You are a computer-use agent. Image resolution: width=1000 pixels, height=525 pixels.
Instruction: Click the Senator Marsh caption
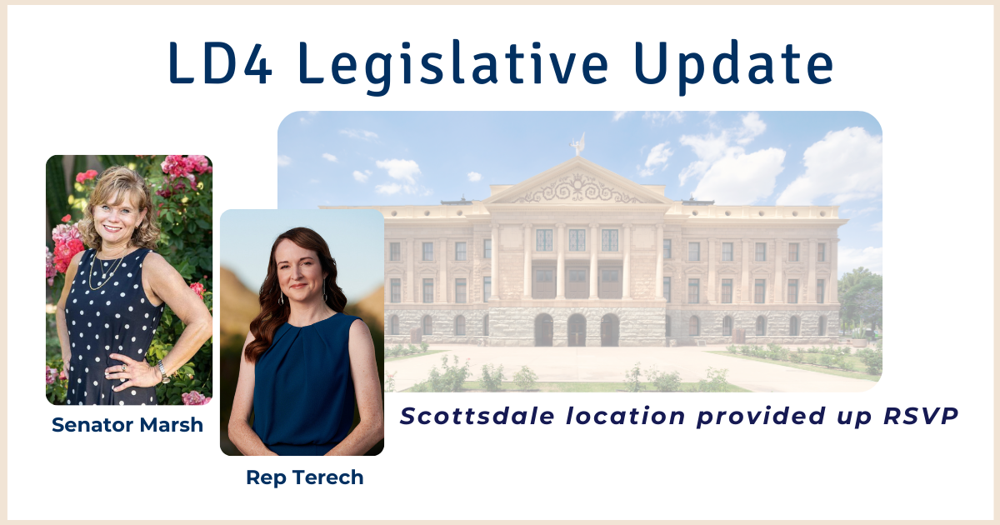(x=127, y=425)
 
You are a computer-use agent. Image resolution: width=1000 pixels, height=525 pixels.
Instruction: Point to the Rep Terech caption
(x=305, y=477)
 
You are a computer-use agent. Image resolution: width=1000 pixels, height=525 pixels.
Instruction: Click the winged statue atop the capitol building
(x=578, y=144)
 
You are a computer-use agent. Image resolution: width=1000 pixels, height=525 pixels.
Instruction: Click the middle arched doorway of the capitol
(x=577, y=329)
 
